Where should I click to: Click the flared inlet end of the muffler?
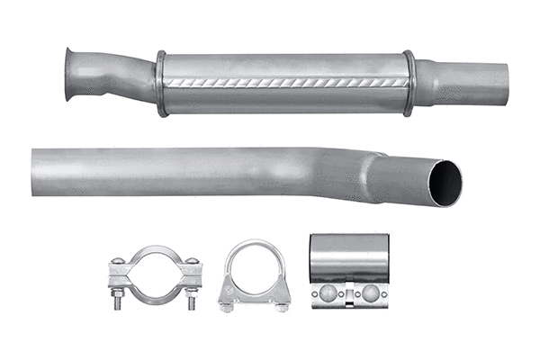tap(71, 72)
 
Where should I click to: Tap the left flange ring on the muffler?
tap(161, 84)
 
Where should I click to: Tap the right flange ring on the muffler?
tap(409, 83)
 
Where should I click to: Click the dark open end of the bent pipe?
tap(445, 183)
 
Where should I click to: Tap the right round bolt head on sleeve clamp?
tap(370, 292)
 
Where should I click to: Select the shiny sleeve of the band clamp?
tap(350, 256)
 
